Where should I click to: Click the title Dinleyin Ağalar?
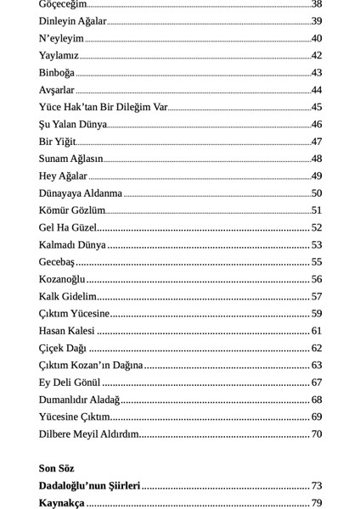73,21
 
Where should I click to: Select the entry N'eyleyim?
61,38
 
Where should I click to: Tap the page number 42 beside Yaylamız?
317,56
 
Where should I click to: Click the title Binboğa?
57,73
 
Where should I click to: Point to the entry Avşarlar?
57,90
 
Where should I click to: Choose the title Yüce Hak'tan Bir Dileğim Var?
104,107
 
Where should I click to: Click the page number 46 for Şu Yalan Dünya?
317,125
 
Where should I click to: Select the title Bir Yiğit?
58,142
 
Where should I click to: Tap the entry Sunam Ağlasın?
71,159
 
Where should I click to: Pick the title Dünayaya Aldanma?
81,193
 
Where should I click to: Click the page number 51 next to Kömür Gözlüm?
317,210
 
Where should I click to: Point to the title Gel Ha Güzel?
68,227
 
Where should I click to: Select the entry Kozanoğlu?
62,279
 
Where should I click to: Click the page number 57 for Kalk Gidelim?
317,297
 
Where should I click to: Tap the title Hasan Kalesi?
67,331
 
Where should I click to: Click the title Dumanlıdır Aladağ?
79,400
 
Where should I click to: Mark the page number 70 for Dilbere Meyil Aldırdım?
317,434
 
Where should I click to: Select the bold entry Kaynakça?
62,503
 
